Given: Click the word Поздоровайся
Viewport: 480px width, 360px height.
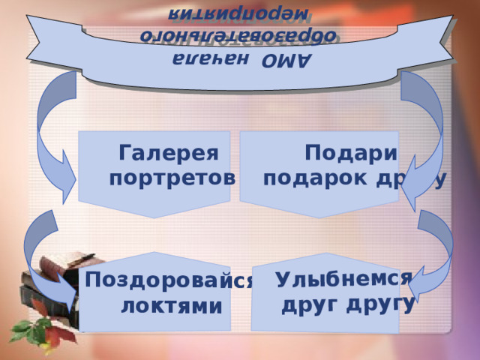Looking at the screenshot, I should (169, 281).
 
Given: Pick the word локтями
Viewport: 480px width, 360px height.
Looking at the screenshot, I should (172, 305).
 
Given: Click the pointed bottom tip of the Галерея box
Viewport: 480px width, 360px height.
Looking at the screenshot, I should (154, 217).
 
